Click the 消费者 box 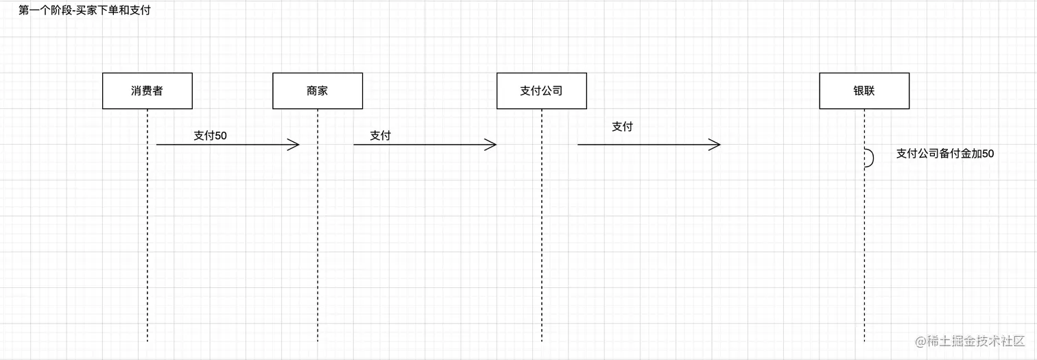[x=147, y=91]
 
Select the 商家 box [x=317, y=91]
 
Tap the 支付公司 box [x=541, y=91]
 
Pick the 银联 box [x=864, y=91]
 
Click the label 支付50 [x=210, y=136]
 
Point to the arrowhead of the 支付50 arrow [x=295, y=145]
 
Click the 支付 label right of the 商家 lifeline [x=380, y=136]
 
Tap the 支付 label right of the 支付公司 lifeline [x=622, y=127]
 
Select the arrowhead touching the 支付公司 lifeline [x=491, y=145]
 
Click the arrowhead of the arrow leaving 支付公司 [x=715, y=145]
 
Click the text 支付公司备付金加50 [x=944, y=154]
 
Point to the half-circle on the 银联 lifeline [x=870, y=158]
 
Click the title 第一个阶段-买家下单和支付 [x=84, y=11]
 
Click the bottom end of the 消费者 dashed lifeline [x=147, y=340]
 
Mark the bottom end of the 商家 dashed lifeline [x=318, y=340]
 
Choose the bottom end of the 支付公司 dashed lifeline [x=541, y=340]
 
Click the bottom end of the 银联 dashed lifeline [x=864, y=340]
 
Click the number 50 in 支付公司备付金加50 [x=988, y=154]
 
